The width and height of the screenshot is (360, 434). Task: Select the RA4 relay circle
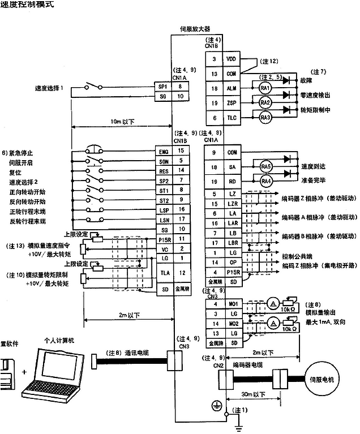tap(266, 181)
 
